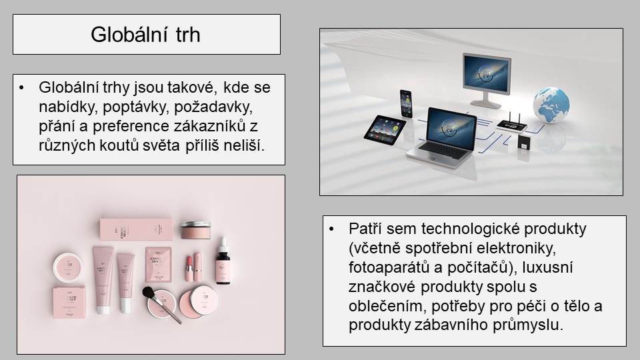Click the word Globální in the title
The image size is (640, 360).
pyautogui.click(x=129, y=34)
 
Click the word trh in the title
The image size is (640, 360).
pyautogui.click(x=188, y=35)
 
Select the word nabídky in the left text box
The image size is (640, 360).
pyautogui.click(x=68, y=107)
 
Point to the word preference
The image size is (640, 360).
pyautogui.click(x=131, y=126)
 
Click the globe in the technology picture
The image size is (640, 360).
pyautogui.click(x=551, y=105)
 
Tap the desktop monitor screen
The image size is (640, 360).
pyautogui.click(x=487, y=73)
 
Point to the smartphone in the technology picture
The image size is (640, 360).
pyautogui.click(x=406, y=103)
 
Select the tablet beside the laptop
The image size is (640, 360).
pyautogui.click(x=385, y=130)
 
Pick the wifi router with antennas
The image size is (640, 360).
pyautogui.click(x=511, y=125)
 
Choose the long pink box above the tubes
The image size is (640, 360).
pyautogui.click(x=136, y=229)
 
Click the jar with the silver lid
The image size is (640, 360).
pyautogui.click(x=195, y=230)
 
